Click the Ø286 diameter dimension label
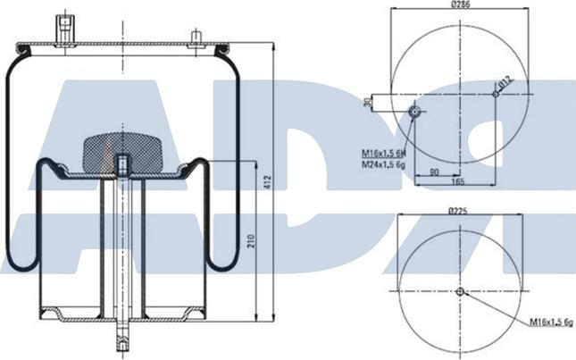pyautogui.click(x=460, y=6)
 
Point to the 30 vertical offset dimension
pyautogui.click(x=368, y=103)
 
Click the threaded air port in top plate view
pyautogui.click(x=414, y=110)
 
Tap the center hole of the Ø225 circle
pyautogui.click(x=460, y=292)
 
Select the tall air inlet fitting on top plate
pyautogui.click(x=64, y=27)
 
